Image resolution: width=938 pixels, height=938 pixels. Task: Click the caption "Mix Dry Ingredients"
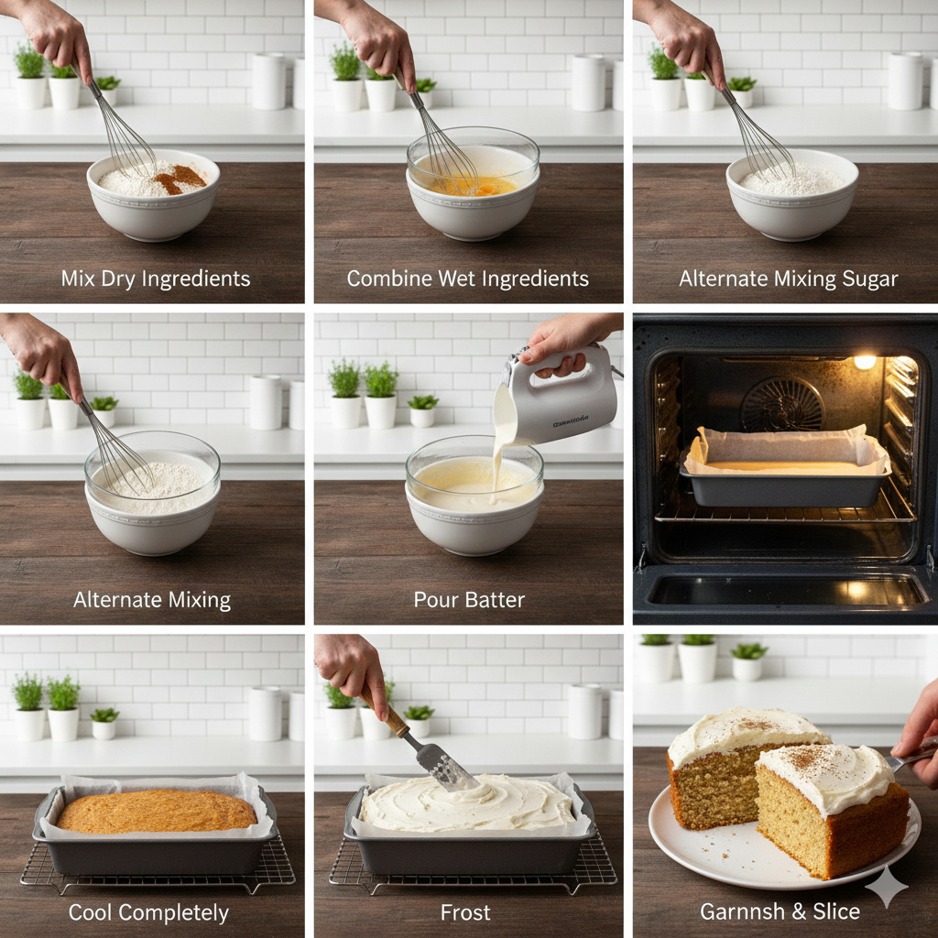[155, 278]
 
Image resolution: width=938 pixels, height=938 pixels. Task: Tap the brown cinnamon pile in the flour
[180, 178]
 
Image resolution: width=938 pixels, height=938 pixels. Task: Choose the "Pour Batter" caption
[469, 600]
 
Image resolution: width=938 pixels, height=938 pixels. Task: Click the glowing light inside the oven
[864, 362]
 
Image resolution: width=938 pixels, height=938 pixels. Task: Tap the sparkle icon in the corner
[887, 886]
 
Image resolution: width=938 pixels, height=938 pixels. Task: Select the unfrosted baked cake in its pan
[157, 811]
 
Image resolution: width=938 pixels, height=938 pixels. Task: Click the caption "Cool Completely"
[148, 912]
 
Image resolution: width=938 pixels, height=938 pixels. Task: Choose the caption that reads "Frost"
[465, 912]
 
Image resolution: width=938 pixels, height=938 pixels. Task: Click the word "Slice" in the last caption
[834, 911]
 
